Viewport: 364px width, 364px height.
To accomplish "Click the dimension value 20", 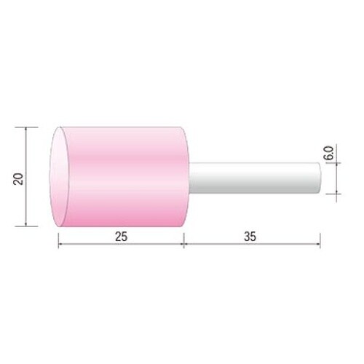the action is point(19,179).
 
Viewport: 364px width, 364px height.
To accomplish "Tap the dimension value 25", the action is point(121,237).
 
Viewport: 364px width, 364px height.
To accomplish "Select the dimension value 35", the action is point(250,237).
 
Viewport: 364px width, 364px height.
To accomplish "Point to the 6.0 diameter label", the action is point(330,153).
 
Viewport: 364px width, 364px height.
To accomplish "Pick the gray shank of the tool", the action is point(255,178).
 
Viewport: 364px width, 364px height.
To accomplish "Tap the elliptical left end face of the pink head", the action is point(60,177).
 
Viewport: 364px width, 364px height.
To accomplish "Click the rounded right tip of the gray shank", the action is point(320,178).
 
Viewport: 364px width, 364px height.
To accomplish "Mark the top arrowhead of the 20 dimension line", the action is point(25,130).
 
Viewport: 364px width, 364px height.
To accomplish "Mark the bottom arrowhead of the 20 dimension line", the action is point(25,223).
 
